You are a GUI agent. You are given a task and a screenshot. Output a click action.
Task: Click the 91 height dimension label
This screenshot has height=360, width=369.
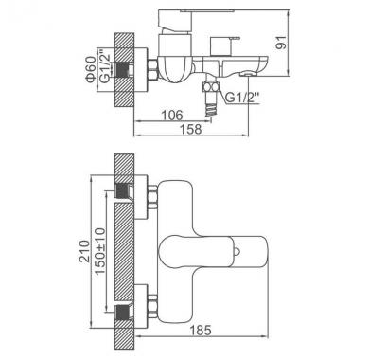(282, 43)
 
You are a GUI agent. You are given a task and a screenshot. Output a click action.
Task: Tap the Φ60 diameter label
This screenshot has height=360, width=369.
(91, 69)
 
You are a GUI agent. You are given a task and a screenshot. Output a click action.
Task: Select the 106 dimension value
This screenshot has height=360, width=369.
(172, 116)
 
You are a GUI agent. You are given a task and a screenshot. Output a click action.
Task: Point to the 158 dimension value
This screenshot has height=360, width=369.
(190, 129)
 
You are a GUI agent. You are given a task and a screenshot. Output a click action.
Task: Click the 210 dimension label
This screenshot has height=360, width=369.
(84, 251)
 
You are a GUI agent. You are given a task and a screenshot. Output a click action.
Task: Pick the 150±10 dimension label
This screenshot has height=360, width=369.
(100, 251)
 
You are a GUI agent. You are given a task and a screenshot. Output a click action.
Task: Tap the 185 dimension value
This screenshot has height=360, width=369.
(201, 331)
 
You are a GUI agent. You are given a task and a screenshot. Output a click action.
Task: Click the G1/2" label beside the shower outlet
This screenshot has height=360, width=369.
(242, 98)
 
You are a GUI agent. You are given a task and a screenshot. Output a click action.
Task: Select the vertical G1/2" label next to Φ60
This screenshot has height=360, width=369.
(105, 65)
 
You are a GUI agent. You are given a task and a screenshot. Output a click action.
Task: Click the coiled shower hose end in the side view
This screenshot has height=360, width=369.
(211, 108)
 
